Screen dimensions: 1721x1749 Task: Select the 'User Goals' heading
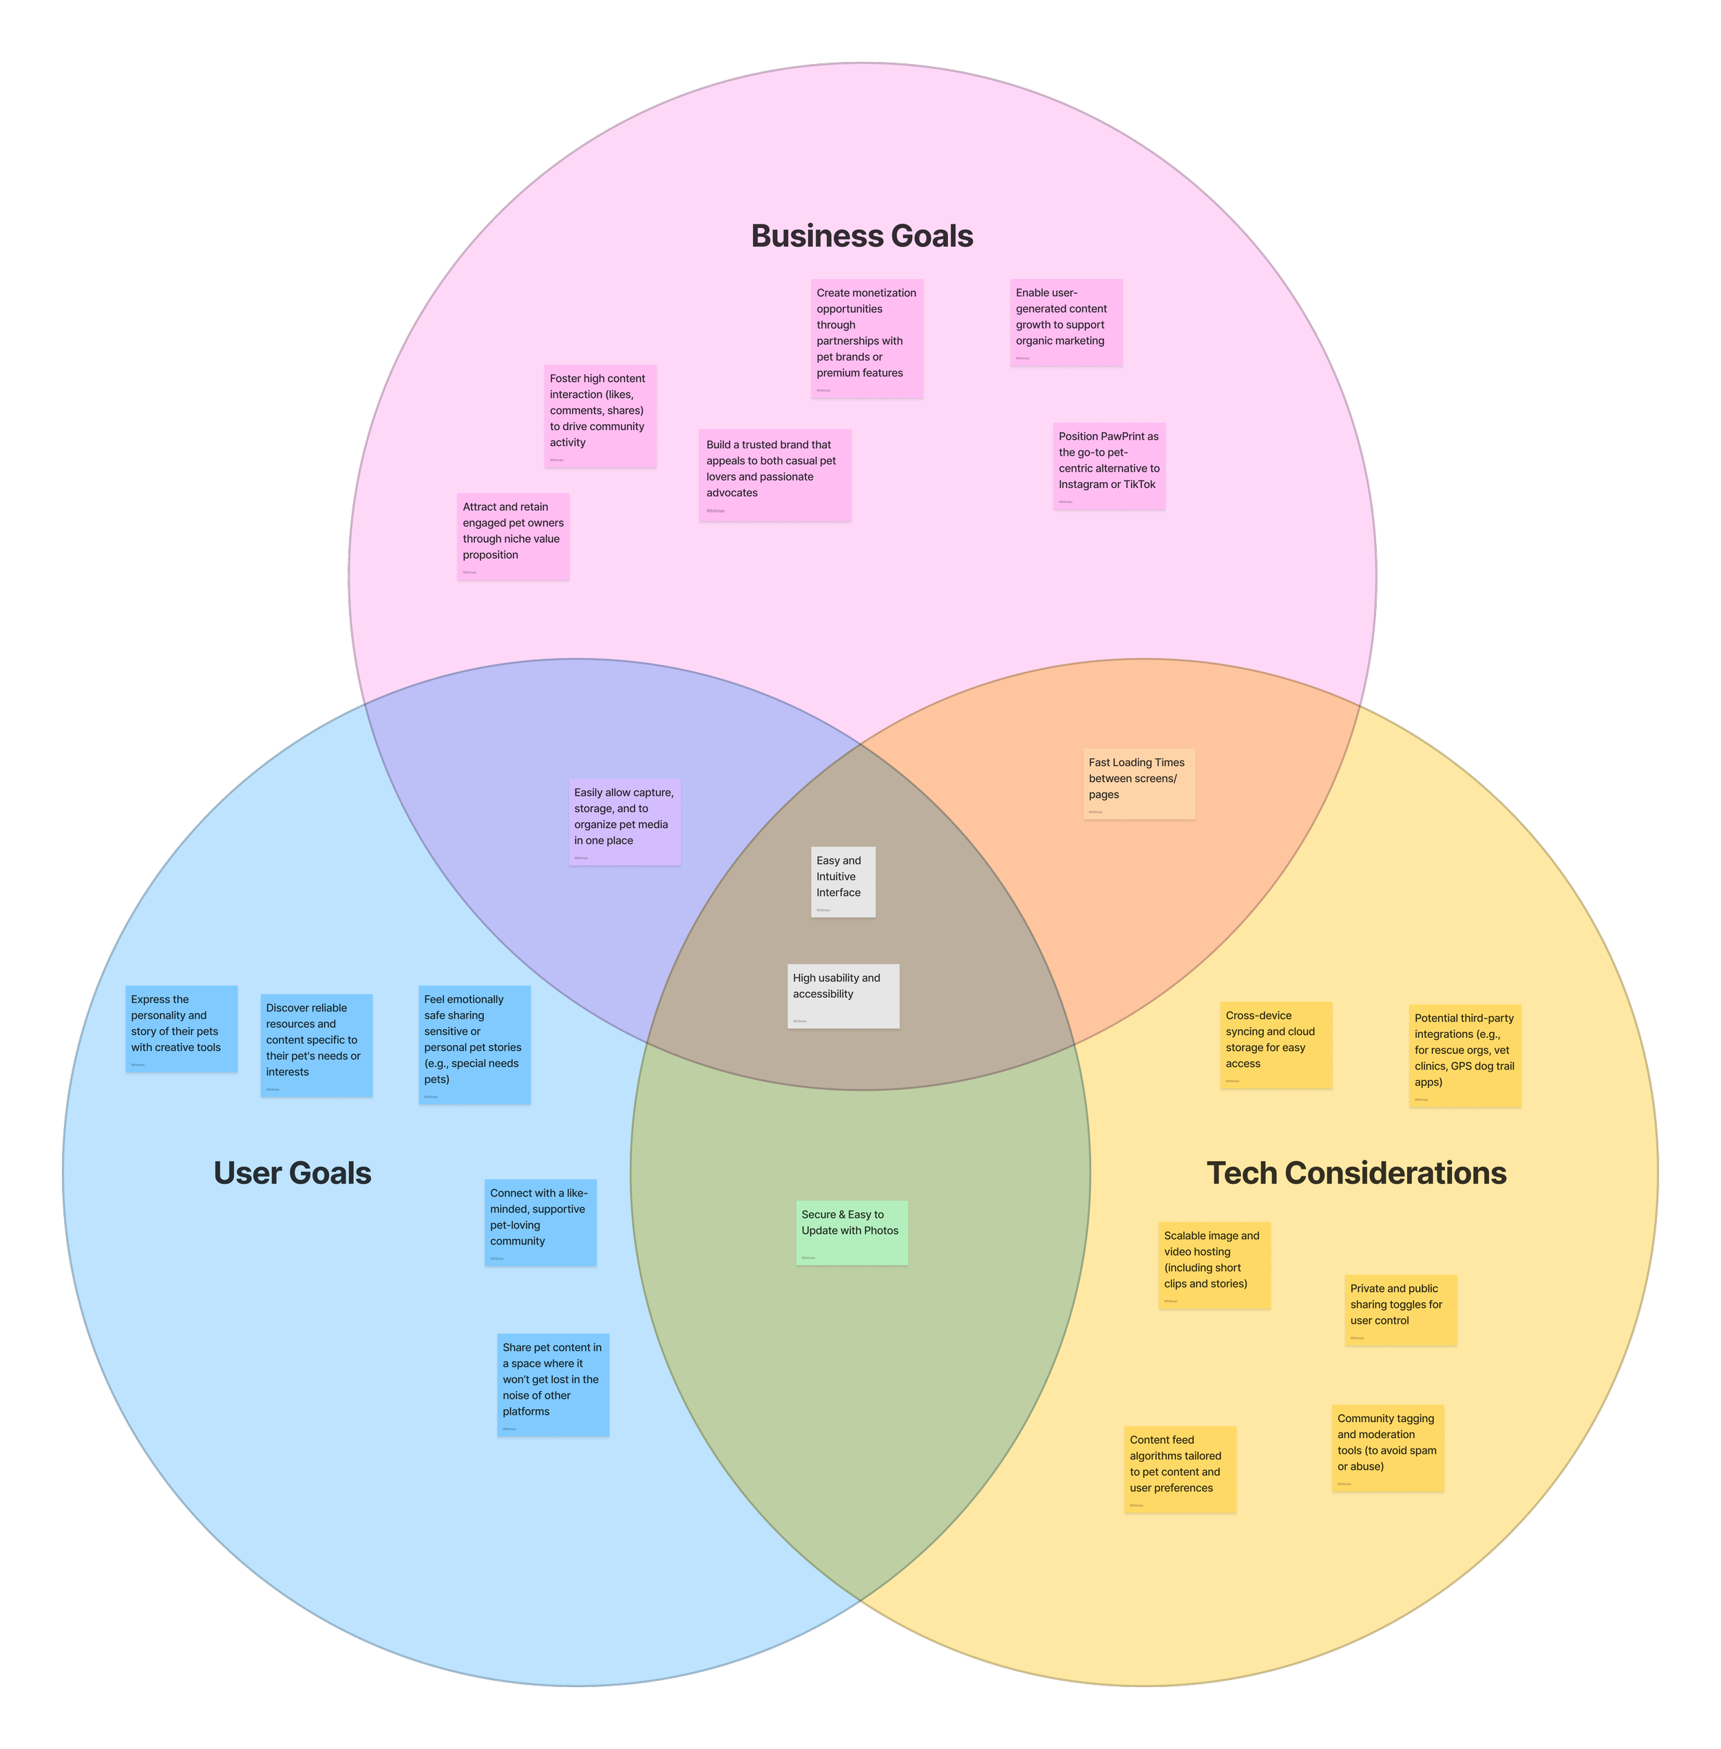[292, 1172]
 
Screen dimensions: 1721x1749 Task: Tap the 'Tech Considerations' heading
[1356, 1172]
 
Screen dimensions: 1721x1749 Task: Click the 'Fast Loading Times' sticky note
[1139, 783]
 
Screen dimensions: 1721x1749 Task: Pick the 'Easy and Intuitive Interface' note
[843, 881]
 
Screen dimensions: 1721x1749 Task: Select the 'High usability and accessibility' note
[843, 995]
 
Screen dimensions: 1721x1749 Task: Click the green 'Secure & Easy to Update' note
[852, 1232]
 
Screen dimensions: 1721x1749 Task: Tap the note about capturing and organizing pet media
[624, 820]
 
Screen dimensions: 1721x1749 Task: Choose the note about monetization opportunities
[866, 338]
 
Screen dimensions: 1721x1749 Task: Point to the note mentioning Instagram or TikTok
[1108, 465]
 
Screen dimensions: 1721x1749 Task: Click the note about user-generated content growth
[1066, 321]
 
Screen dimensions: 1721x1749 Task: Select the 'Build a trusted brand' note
[774, 474]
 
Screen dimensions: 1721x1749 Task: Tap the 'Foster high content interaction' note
[600, 416]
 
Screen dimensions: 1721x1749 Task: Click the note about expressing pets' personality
[181, 1028]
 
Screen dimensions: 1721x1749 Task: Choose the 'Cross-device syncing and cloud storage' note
[1276, 1044]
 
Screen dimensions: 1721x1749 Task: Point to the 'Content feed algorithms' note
[1179, 1469]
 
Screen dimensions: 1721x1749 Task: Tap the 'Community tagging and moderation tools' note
[1387, 1447]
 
